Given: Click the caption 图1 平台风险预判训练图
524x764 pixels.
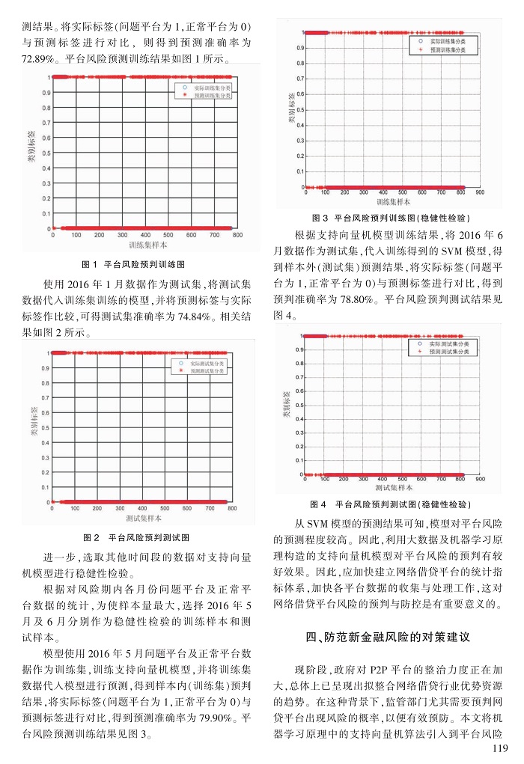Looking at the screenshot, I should pyautogui.click(x=133, y=264).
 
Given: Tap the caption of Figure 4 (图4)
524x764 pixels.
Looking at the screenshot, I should pyautogui.click(x=391, y=504).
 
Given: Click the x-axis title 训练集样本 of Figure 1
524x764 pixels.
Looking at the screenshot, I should pyautogui.click(x=147, y=245).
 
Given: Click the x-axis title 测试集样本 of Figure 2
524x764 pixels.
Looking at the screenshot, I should pyautogui.click(x=143, y=518).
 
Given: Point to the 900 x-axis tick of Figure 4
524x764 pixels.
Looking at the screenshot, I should pyautogui.click(x=481, y=479).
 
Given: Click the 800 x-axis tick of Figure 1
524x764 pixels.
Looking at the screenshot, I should pyautogui.click(x=237, y=235).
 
